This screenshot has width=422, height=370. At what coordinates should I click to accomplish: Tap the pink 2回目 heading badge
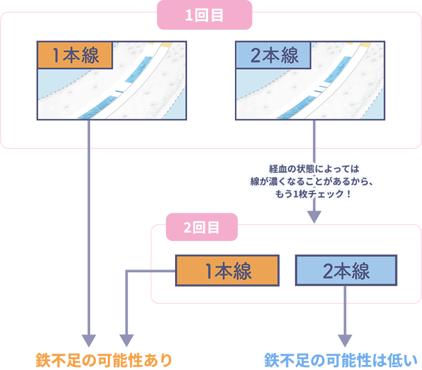pos(201,227)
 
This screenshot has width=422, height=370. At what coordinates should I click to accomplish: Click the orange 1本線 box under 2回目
pos(228,271)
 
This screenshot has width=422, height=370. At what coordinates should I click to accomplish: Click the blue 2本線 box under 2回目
pos(346,271)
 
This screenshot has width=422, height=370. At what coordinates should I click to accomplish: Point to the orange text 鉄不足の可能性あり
pos(103,360)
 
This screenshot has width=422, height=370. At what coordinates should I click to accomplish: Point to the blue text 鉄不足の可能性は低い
pos(340,360)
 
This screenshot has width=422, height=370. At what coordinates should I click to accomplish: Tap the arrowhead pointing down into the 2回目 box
pos(314,216)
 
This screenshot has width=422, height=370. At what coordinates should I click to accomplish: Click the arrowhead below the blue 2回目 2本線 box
pos(346,340)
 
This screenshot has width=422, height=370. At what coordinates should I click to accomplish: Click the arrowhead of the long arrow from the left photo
pos(89,340)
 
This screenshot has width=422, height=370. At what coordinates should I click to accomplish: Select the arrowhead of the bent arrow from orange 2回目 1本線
pos(126,340)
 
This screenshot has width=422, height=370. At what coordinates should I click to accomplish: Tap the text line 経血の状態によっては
pos(314,169)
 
